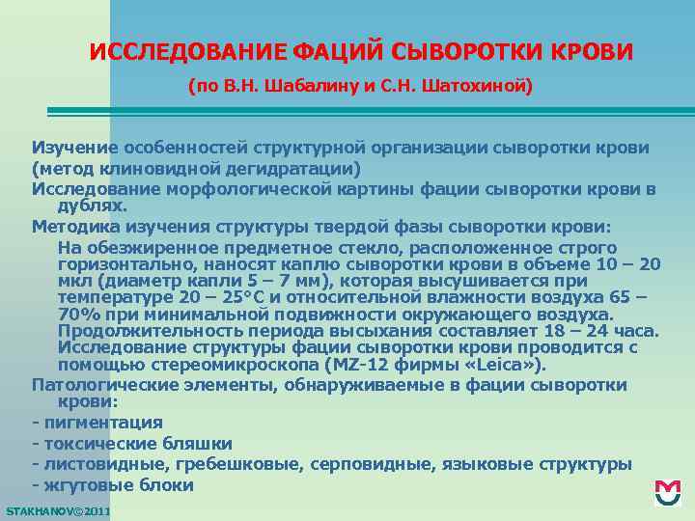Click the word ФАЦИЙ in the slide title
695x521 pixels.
point(339,51)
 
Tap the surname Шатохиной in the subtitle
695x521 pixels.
point(479,86)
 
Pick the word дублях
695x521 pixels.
point(92,206)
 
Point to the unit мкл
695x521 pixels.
point(74,281)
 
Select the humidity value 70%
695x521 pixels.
point(79,315)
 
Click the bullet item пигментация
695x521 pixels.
point(101,423)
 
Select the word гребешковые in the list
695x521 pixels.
point(249,464)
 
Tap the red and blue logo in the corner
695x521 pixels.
point(667,493)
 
